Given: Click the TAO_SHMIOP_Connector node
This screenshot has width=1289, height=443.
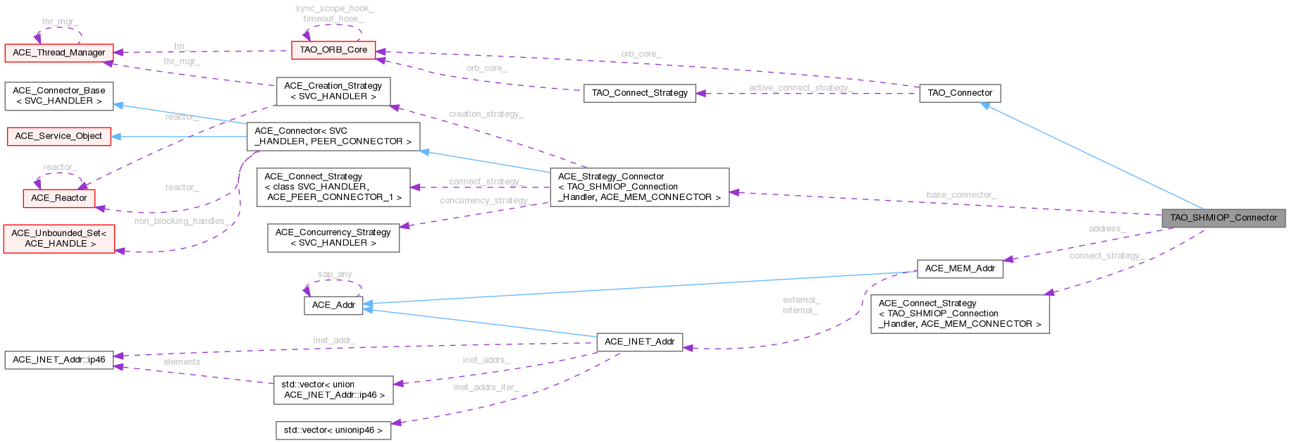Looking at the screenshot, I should point(1223,218).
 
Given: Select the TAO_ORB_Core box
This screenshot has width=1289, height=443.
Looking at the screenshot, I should point(333,50).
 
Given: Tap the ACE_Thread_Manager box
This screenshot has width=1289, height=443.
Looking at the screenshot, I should point(58,53).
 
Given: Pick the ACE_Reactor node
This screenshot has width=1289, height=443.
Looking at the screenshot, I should point(59,198).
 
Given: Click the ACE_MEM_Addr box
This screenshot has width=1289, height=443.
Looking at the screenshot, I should point(959,268).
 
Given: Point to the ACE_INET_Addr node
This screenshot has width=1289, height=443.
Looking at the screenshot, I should point(639,342).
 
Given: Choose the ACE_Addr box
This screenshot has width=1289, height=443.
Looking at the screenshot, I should point(333,305).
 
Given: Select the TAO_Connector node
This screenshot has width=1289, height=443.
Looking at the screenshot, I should point(959,93).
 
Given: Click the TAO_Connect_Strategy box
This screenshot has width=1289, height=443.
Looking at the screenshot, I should point(639,93).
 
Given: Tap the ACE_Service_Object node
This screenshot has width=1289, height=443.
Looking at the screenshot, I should point(58,136).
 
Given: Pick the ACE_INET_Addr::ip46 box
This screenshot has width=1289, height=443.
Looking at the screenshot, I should point(58,360).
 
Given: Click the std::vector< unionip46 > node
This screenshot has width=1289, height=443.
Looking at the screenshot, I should point(333,430).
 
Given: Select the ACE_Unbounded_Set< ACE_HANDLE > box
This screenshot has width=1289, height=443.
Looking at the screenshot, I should point(58,238).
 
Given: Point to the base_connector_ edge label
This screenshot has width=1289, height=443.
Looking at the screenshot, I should point(961,194).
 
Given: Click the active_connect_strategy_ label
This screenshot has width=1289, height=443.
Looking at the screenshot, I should point(801,88).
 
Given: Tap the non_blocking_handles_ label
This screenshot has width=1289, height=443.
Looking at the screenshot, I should point(180,221).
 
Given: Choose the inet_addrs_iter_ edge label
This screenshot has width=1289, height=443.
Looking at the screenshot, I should point(486,387).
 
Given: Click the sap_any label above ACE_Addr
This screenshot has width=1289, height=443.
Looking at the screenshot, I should point(334,275).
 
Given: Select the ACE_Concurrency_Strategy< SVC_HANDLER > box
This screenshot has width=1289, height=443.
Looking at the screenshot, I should point(333,237).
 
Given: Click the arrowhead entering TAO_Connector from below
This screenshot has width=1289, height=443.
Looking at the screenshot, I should point(987,106).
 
